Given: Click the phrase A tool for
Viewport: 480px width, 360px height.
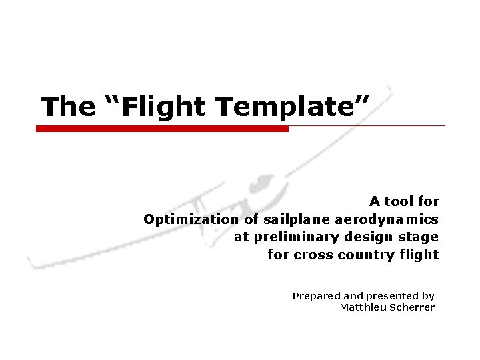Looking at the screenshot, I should coord(405,201).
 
